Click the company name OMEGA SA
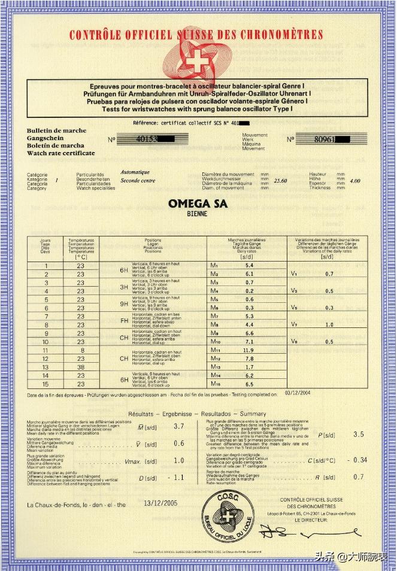(x=198, y=204)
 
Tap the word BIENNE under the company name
(x=198, y=213)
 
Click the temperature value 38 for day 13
(x=81, y=367)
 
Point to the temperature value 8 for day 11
(x=81, y=350)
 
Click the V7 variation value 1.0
(x=329, y=324)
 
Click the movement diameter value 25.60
(x=280, y=180)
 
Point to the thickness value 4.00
(x=355, y=180)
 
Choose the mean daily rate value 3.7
(x=178, y=427)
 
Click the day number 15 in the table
(x=46, y=384)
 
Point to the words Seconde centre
(x=138, y=180)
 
